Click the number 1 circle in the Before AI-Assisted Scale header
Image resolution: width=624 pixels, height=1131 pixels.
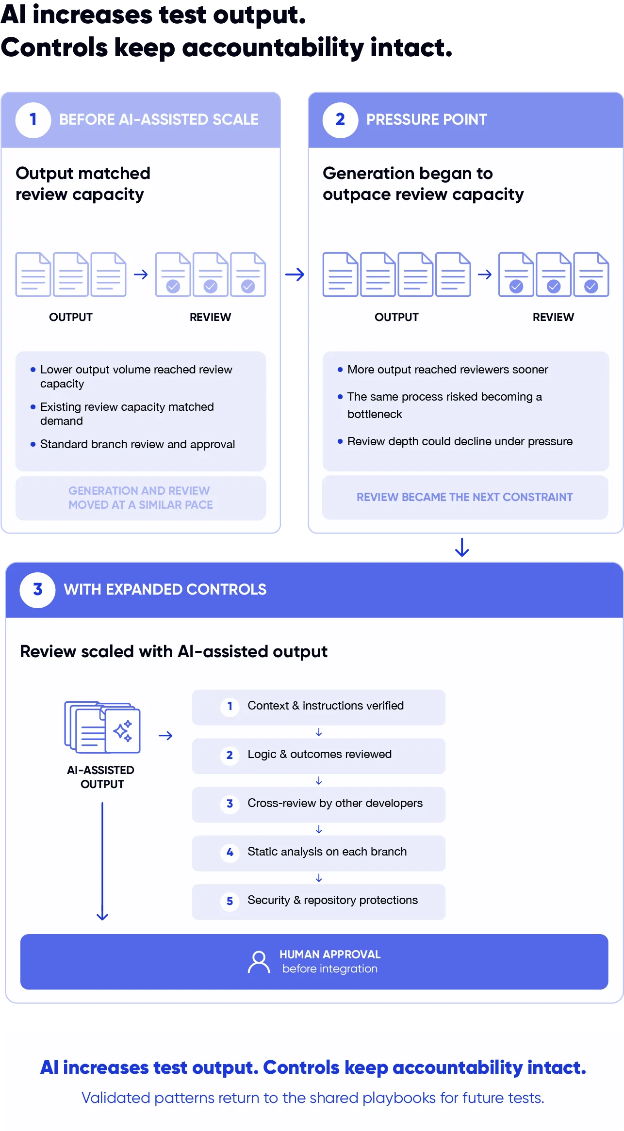coord(33,120)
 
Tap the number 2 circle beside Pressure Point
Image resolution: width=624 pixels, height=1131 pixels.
coord(340,120)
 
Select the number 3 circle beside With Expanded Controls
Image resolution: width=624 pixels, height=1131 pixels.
coord(37,590)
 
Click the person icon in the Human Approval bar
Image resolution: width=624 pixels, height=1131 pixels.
coord(259,962)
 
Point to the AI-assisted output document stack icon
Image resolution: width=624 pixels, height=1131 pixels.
coord(102,727)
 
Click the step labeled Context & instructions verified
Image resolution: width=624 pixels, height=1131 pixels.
coord(318,707)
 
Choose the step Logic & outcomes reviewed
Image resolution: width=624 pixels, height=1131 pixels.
coord(318,756)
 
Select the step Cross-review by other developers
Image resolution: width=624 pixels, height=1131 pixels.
coord(318,804)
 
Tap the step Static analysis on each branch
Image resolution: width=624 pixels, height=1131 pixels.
coord(318,853)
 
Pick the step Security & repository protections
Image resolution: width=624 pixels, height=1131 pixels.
coord(318,902)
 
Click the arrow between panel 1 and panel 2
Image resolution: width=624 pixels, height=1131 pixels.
coord(295,275)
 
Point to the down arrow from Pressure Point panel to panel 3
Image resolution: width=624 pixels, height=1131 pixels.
coord(462,547)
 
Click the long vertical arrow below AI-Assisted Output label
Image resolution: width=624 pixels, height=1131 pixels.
coord(102,861)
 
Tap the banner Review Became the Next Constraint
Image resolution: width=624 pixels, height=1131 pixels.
coord(465,498)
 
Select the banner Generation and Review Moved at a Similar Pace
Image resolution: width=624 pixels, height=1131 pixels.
coord(141,498)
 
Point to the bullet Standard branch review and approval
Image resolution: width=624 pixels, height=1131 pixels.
coord(133,444)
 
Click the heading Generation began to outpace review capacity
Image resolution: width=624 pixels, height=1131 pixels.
coord(423,184)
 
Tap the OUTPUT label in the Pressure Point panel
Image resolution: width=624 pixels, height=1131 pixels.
coord(396,317)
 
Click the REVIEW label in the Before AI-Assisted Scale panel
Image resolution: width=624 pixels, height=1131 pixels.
coord(211,317)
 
